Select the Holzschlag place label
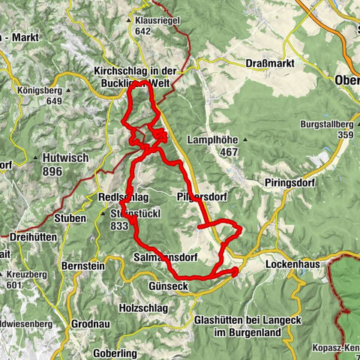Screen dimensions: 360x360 click(146, 307)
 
